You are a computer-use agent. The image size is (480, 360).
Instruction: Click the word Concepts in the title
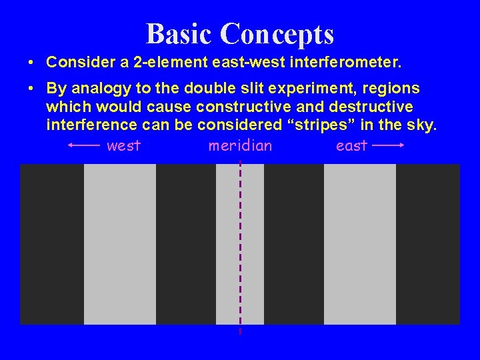click(x=277, y=33)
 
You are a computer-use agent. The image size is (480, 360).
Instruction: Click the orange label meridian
click(x=240, y=145)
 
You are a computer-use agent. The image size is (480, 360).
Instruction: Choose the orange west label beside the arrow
click(x=124, y=145)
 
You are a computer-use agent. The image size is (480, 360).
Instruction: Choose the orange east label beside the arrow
click(x=351, y=145)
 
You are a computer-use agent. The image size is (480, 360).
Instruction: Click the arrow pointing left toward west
click(x=84, y=145)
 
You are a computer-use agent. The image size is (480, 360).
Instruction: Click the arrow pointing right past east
click(x=389, y=145)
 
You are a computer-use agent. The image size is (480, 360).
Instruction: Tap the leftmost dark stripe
click(x=52, y=244)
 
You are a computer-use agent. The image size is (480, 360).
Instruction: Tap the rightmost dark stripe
click(x=428, y=244)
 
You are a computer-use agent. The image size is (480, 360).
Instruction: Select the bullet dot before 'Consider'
click(x=32, y=63)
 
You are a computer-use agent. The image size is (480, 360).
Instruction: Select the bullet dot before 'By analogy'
click(x=32, y=89)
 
